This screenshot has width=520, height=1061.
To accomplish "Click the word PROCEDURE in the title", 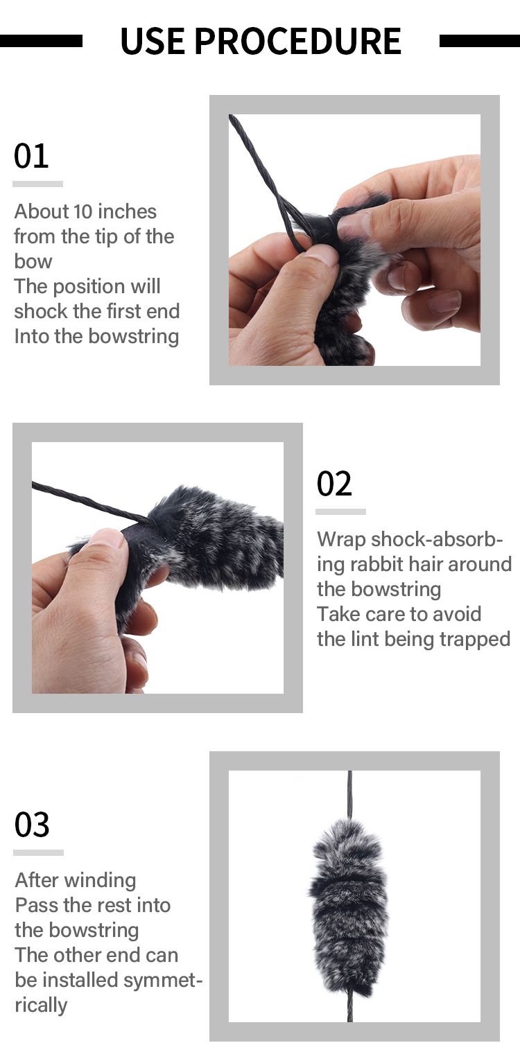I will coord(297,41).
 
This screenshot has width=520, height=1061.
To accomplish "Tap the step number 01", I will coord(31,156).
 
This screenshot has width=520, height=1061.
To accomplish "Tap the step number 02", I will coord(334,484).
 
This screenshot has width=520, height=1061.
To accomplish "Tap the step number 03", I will coord(32,825).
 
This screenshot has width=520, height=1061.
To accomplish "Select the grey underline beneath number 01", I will coord(37,184).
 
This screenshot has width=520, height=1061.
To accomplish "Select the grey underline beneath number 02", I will coord(340,511).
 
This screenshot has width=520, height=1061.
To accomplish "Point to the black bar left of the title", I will coord(41,41).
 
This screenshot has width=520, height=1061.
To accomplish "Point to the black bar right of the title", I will coord(479,41).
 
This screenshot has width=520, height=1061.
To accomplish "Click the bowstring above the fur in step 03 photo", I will coord(350,793).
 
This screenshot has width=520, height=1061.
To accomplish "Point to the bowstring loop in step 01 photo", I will coord(294,232).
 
